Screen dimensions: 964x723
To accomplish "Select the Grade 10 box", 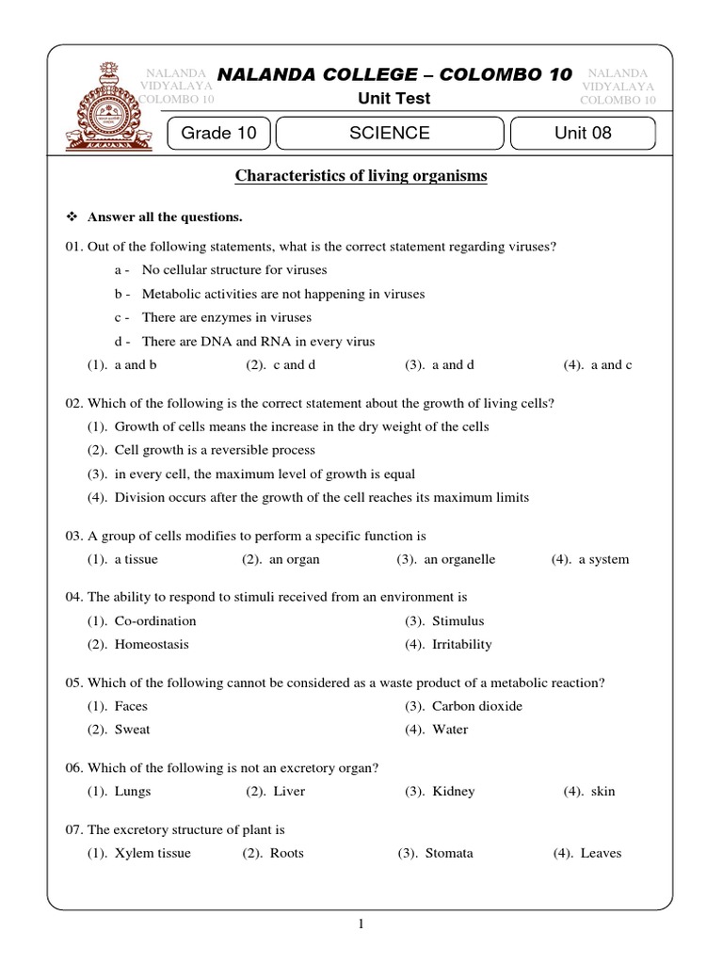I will click(x=218, y=134).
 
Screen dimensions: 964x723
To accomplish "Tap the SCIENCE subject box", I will click(x=389, y=134).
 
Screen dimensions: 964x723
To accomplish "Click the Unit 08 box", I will click(x=583, y=134).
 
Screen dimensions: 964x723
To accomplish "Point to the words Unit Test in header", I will click(x=394, y=98).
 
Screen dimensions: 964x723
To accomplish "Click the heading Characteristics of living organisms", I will click(x=361, y=176).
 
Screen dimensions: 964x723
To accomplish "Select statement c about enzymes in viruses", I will click(x=226, y=318).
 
